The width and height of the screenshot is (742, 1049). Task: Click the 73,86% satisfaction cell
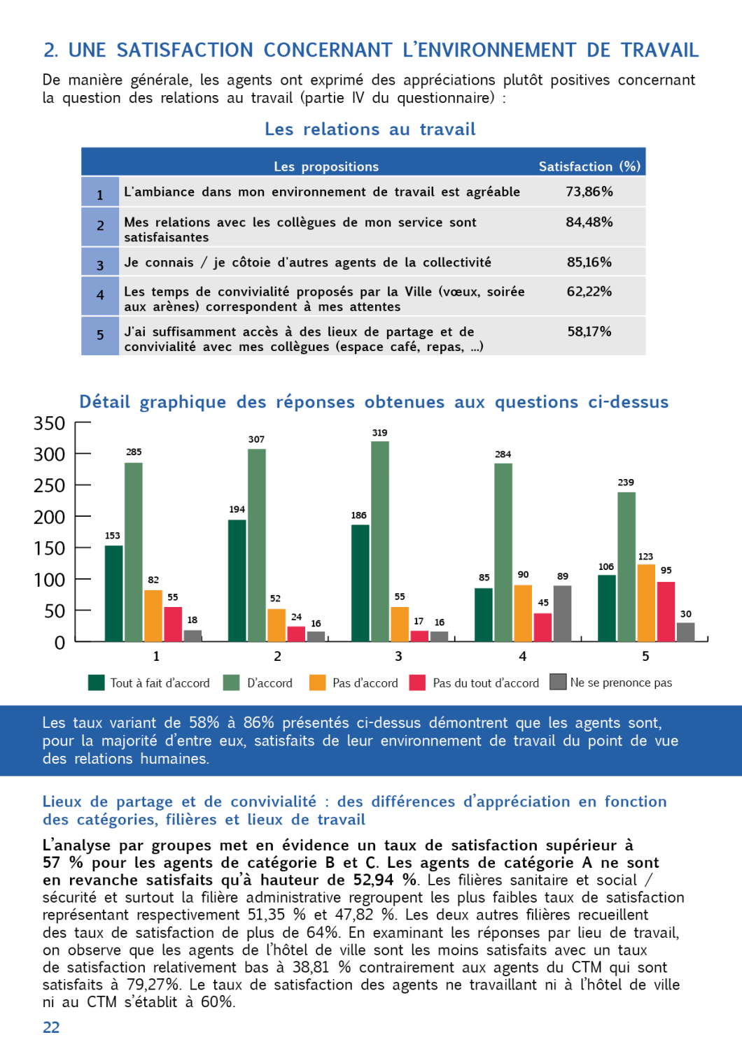coord(589,192)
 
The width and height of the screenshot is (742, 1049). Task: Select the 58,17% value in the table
coord(589,331)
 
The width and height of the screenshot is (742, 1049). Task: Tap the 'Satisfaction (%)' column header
coord(589,166)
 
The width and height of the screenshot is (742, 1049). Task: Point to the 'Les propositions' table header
coord(326,166)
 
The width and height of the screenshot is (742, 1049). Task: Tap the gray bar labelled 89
coord(562,613)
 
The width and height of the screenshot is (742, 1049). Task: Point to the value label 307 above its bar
coord(256,439)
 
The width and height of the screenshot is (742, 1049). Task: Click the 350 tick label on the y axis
coord(49,424)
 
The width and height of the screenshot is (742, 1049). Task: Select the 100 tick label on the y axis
coord(49,580)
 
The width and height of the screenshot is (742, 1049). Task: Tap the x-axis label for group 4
coord(522,656)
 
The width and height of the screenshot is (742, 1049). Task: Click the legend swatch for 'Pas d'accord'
coord(318,683)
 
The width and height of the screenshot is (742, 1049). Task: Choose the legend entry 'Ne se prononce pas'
coord(620,683)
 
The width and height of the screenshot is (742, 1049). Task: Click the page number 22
coord(51,1027)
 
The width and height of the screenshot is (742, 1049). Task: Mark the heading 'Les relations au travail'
coord(370,129)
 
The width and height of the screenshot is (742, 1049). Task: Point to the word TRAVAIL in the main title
coord(659,50)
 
